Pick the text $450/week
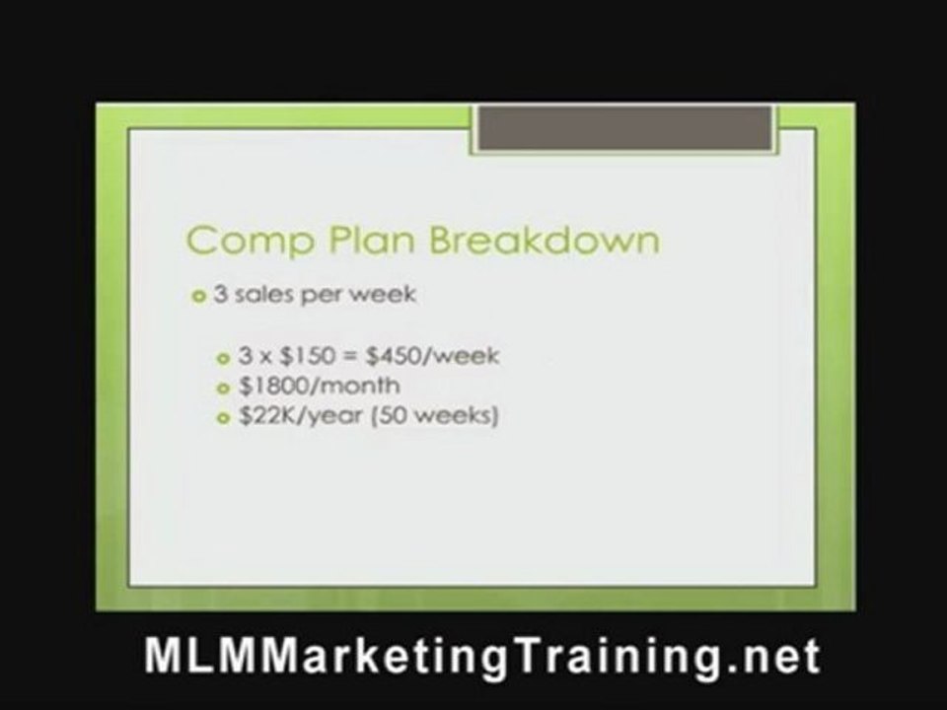(x=443, y=355)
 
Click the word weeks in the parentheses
(x=449, y=416)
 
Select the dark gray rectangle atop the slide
(x=624, y=129)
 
